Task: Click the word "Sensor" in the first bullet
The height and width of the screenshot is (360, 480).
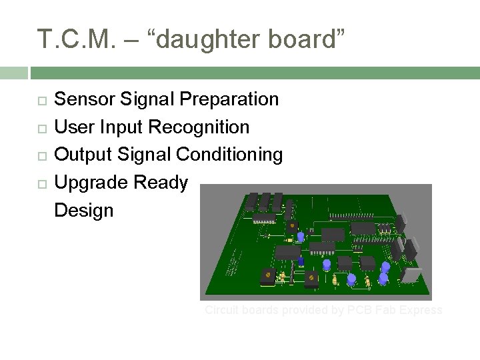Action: [84, 99]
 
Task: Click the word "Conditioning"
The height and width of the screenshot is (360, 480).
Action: [229, 155]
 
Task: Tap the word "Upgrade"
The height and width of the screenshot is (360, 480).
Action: [91, 183]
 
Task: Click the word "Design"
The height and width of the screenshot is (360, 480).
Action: [83, 211]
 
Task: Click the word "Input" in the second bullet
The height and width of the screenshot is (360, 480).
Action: [122, 127]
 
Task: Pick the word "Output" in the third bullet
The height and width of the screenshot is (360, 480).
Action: [83, 155]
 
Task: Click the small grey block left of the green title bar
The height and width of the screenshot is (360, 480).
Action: [13, 73]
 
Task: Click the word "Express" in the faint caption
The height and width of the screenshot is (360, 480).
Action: [420, 310]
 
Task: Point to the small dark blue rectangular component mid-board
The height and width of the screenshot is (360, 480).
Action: [301, 261]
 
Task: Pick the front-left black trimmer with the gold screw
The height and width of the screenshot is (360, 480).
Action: [268, 276]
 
